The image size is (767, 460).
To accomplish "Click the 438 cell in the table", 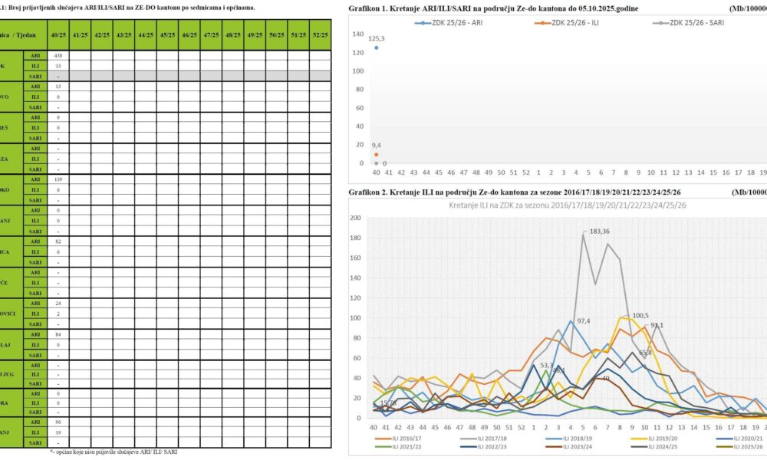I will click(58, 56).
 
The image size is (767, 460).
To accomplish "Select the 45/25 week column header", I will click(145, 36).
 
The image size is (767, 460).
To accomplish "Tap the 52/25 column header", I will click(320, 36).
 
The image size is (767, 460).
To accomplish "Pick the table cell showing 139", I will click(58, 179).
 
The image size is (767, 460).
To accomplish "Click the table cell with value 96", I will click(58, 422).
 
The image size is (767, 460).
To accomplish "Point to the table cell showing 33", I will click(58, 66).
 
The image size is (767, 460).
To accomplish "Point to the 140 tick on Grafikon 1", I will click(357, 34).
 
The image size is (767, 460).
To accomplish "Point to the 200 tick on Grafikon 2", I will click(355, 218).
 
